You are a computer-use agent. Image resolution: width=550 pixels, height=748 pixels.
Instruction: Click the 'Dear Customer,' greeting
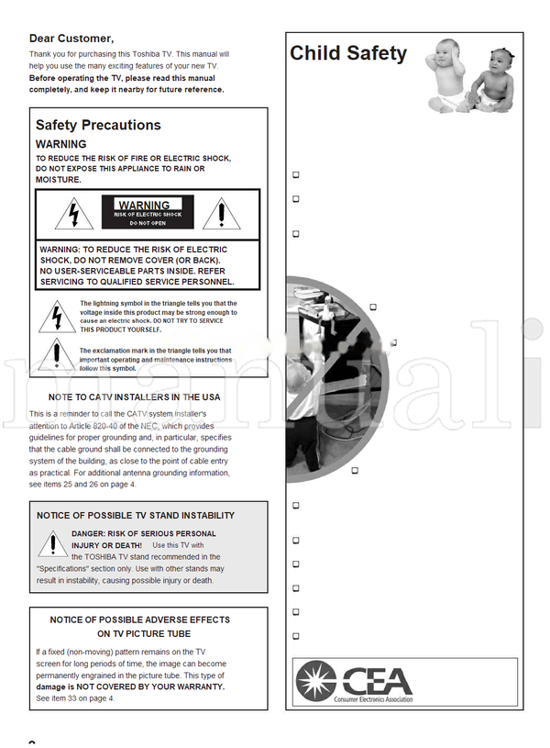point(71,39)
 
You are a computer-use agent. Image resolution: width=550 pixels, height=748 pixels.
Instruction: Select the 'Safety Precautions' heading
point(98,125)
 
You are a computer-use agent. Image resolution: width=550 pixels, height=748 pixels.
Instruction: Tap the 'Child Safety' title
point(348,53)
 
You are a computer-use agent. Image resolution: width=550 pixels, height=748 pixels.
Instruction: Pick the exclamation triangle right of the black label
point(220,214)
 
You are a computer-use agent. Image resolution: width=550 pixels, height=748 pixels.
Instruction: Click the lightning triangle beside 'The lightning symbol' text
point(57,317)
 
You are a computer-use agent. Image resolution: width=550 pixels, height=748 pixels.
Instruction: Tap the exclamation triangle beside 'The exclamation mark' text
point(57,356)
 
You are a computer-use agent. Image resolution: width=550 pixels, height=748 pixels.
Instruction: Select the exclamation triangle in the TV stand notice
point(53,544)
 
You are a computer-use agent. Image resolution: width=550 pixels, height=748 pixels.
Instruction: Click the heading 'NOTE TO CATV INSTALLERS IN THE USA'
point(134,397)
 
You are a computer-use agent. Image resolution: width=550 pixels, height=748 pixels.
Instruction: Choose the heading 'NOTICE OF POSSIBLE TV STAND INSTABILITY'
point(136,516)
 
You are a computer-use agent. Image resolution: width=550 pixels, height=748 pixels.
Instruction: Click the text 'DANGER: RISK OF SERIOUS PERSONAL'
point(144,533)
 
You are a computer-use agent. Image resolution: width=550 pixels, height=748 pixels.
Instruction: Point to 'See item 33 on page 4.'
point(75,698)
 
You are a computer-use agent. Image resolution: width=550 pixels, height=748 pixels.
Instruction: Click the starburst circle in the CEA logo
point(316,681)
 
